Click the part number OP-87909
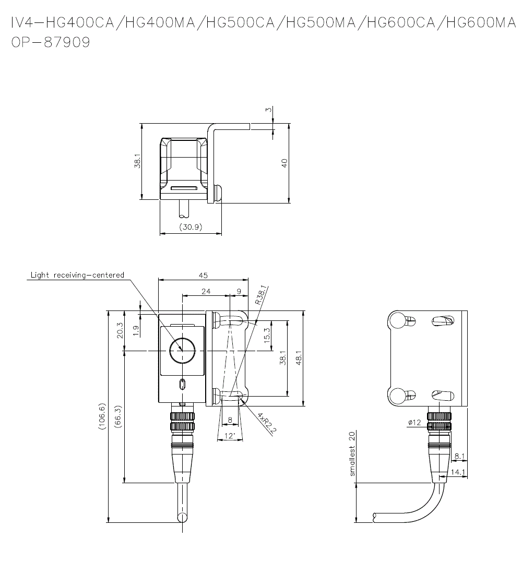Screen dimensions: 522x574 [x=51, y=42]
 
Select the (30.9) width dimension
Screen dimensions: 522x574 [x=191, y=227]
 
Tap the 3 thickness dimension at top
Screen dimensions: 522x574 [x=269, y=110]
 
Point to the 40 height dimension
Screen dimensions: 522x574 [x=284, y=163]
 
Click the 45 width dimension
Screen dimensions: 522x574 [x=203, y=276]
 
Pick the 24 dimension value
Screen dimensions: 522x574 [x=206, y=291]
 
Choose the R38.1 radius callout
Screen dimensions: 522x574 [x=262, y=295]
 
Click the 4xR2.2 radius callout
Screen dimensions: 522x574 [x=267, y=424]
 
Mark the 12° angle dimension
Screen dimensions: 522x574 [x=229, y=436]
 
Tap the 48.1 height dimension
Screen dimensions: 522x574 [x=299, y=358]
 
